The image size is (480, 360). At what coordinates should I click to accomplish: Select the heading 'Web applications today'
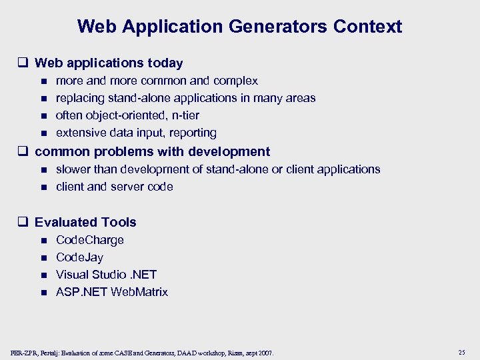[x=109, y=63]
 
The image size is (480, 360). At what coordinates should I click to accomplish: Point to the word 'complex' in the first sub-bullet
[x=236, y=81]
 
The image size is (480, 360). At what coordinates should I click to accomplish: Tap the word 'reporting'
[x=193, y=133]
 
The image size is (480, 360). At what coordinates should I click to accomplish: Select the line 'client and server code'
[x=115, y=187]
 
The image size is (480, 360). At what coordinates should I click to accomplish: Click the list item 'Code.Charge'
[x=90, y=240]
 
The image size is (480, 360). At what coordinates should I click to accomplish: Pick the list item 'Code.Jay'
[x=80, y=257]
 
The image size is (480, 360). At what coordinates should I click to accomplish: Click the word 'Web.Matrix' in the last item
[x=140, y=292]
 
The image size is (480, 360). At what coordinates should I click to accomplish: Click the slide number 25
[x=461, y=351]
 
